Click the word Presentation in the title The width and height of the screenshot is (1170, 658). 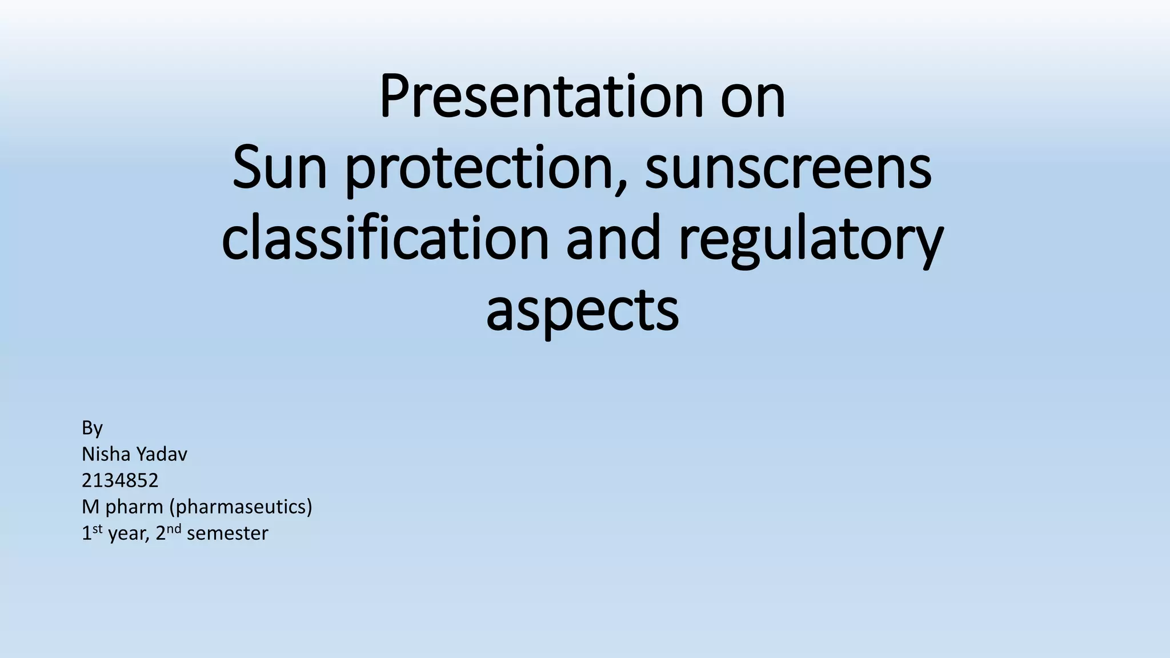[540, 97]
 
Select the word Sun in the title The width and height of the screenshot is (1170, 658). [279, 168]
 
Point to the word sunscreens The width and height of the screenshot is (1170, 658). [788, 168]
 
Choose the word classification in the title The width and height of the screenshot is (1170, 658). [385, 238]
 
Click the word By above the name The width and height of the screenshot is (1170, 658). [92, 428]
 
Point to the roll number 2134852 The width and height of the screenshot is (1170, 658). [120, 480]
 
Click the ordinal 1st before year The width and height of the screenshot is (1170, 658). [91, 532]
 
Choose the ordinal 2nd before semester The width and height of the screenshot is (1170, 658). [168, 532]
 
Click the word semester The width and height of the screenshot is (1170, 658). [227, 533]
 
